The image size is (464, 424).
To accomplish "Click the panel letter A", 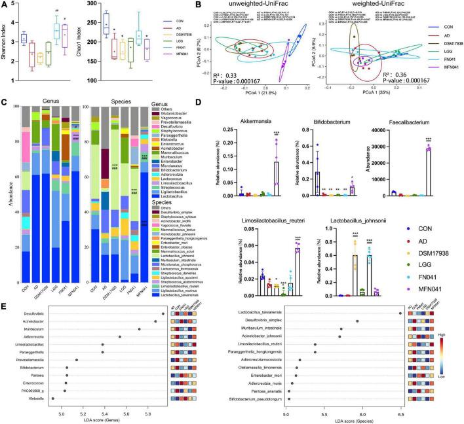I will click(5, 5).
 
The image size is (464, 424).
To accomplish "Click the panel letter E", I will click(5, 283).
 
